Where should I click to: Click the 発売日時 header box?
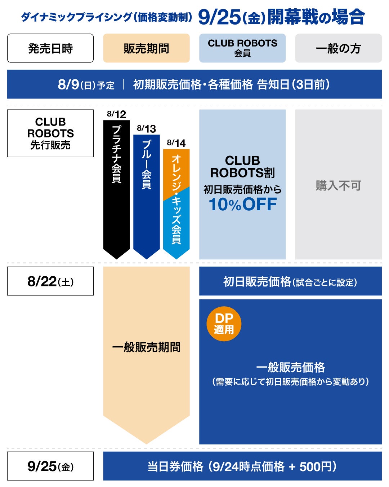(x=50, y=48)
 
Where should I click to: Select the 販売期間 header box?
(x=146, y=48)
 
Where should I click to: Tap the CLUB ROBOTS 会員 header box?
(x=242, y=48)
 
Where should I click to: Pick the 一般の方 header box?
(x=338, y=48)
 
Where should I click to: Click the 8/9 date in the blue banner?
(x=68, y=84)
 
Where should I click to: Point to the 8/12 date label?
(x=116, y=114)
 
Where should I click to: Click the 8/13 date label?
(x=147, y=129)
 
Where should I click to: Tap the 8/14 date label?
(x=176, y=143)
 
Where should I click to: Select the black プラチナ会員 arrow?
(x=116, y=189)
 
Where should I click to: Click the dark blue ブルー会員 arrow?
(x=147, y=197)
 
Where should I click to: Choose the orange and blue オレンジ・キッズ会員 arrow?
(x=176, y=204)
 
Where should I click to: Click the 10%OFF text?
(x=242, y=204)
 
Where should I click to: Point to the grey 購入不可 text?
(x=338, y=185)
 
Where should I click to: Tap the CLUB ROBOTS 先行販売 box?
(x=50, y=133)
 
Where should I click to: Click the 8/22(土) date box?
(x=50, y=281)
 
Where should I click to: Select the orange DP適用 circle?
(x=224, y=324)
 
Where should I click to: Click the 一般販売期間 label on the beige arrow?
(x=146, y=347)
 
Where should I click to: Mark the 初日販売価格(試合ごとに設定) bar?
(x=290, y=281)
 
